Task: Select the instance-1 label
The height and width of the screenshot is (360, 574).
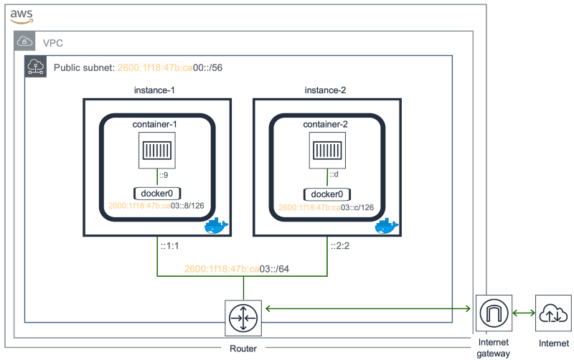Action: click(155, 90)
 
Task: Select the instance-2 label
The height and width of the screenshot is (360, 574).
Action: click(325, 90)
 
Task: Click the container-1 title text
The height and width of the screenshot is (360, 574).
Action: click(155, 125)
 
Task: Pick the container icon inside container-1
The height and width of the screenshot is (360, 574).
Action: click(156, 151)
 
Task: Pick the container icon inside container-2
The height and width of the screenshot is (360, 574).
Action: click(327, 151)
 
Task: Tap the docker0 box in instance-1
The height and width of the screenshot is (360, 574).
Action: click(156, 194)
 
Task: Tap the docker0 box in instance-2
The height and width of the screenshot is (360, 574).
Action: click(327, 194)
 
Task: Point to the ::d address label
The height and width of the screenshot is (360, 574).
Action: click(334, 175)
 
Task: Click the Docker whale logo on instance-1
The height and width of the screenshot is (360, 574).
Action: click(216, 226)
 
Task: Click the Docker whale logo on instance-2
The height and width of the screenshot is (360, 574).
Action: click(386, 226)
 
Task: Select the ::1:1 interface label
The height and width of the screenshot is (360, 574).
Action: click(170, 247)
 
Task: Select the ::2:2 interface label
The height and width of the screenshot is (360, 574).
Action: click(340, 247)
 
